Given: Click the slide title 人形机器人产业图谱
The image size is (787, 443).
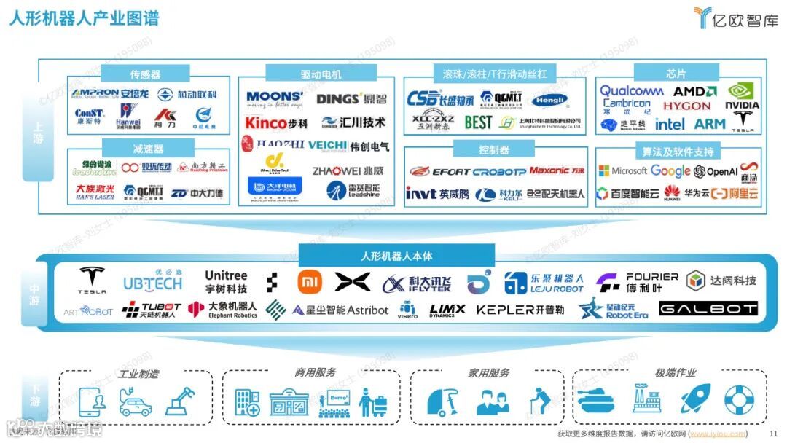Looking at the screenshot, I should point(84,18).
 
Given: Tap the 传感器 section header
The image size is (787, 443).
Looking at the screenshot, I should point(145,74).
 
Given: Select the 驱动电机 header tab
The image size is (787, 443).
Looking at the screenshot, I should point(321,74).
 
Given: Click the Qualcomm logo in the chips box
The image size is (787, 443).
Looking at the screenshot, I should point(631,91).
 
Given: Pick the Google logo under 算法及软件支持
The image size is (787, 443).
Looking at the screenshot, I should point(670,171).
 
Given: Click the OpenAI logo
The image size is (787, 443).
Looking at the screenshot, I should point(716,172).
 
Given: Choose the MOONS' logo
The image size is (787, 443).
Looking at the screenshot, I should point(274,98).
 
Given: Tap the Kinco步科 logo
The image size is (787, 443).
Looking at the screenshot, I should point(276,123).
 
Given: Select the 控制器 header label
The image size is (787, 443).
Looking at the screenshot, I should point(494,150).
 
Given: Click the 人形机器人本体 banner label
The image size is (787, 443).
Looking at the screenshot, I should point(396,256).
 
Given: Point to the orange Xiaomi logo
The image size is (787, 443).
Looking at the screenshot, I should point(309,281).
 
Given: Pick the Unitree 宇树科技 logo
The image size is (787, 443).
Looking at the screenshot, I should point(226,282).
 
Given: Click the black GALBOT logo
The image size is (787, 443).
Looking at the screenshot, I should point(708,309).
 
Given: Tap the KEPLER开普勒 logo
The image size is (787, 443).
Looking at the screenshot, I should point(520,310).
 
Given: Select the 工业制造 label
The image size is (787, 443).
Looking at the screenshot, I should point(139,374).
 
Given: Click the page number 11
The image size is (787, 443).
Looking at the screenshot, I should point(774,434).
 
